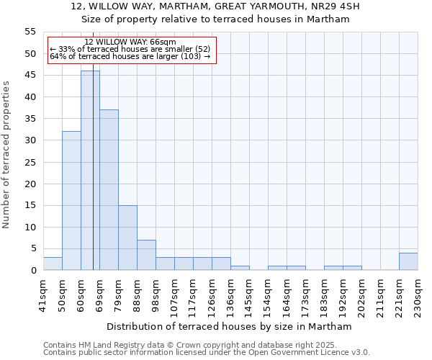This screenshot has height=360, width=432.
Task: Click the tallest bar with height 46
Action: [x=90, y=171]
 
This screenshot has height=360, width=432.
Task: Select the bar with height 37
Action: [x=109, y=190]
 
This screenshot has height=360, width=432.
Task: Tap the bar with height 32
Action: [x=71, y=201]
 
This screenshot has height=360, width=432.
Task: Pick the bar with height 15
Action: [x=127, y=238]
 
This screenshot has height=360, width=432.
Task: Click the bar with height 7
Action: [x=146, y=255]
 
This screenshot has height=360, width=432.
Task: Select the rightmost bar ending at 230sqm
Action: [x=408, y=261]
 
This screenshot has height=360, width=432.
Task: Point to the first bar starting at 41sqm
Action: [x=53, y=264]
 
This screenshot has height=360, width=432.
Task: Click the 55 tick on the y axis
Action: [x=30, y=32]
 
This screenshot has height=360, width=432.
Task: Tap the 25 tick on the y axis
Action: [x=30, y=162]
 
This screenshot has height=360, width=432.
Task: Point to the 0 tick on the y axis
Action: [x=32, y=270]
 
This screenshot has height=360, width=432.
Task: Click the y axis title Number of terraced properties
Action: [x=7, y=155]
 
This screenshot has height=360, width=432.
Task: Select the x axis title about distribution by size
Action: [x=230, y=326]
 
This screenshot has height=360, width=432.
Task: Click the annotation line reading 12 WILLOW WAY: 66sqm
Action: [x=130, y=42]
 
